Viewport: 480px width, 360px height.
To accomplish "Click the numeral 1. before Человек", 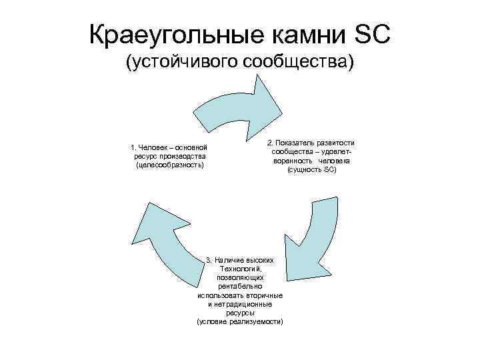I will point(133,147).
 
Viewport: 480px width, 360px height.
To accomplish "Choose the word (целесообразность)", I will point(169,164).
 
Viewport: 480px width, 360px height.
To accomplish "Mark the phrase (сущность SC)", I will point(312,169).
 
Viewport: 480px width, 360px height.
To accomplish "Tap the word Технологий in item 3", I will point(240,268).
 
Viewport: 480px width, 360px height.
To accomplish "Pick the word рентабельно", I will point(240,285).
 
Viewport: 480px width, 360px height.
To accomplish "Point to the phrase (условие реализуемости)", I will point(240,321).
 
